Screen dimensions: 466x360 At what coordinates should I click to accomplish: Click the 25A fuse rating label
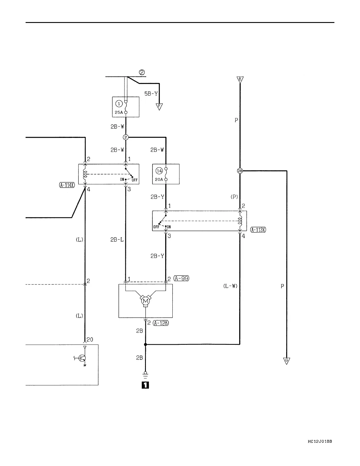click(119, 112)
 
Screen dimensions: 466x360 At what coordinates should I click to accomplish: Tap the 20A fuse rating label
click(159, 179)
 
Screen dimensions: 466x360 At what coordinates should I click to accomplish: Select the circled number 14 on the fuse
click(159, 171)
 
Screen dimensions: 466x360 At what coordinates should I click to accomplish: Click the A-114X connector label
click(67, 185)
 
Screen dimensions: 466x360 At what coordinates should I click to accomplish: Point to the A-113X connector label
click(258, 230)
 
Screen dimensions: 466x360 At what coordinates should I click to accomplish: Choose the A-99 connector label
click(181, 278)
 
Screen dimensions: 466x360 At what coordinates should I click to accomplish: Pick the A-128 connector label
click(161, 323)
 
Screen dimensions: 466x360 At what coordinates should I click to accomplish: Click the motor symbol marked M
click(145, 301)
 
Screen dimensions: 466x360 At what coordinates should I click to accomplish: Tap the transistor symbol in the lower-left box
click(83, 358)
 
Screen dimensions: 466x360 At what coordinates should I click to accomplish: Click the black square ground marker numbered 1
click(145, 385)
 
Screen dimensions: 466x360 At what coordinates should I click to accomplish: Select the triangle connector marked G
click(286, 361)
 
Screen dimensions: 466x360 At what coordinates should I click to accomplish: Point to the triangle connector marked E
click(240, 79)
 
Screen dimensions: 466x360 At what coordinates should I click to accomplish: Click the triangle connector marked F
click(159, 106)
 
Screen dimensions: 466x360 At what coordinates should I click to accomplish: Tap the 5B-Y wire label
click(151, 94)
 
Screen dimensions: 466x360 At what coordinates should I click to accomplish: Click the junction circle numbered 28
click(240, 171)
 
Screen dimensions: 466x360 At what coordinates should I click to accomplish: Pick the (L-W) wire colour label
click(230, 286)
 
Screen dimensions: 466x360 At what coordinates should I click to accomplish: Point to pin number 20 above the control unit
click(90, 339)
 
